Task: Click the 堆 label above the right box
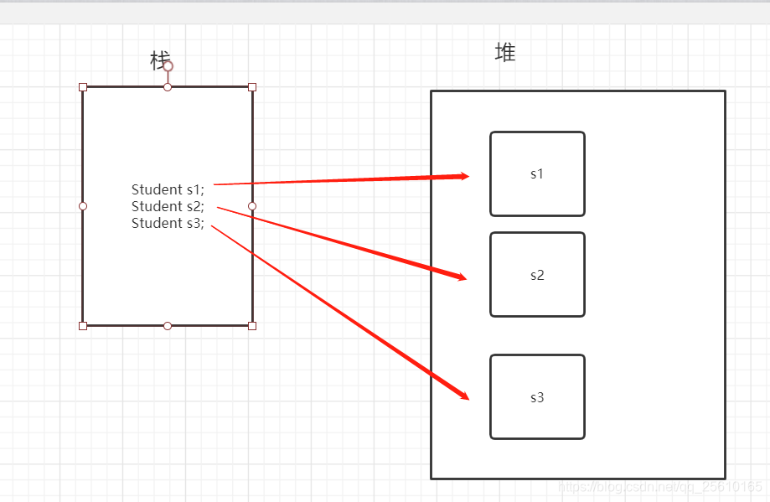(505, 53)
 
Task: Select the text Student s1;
(168, 189)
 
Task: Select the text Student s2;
(168, 206)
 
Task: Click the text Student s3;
(168, 223)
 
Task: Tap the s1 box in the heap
(537, 174)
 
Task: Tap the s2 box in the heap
(537, 275)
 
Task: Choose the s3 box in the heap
(537, 397)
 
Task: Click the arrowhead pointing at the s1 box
(462, 176)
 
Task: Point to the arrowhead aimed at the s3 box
(463, 396)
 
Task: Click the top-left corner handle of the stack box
(83, 87)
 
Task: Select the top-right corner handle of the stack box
(252, 87)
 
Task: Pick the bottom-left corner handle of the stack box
(83, 325)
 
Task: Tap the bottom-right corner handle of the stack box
(252, 325)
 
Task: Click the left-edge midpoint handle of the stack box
(83, 206)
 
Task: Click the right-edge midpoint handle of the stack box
(252, 206)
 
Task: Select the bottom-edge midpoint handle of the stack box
(168, 325)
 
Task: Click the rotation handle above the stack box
(168, 66)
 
